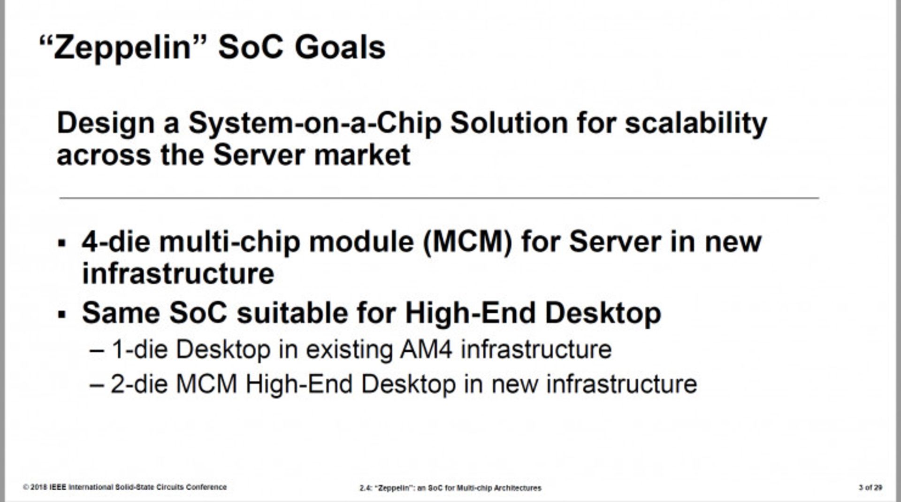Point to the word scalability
coord(696,124)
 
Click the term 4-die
coord(116,241)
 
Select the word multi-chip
coord(229,242)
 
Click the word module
coord(361,241)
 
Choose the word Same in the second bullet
coord(121,313)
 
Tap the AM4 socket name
coord(427,349)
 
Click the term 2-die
coord(139,384)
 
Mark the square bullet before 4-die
coord(62,243)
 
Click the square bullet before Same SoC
coord(62,315)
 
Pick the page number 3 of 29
coord(870,487)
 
